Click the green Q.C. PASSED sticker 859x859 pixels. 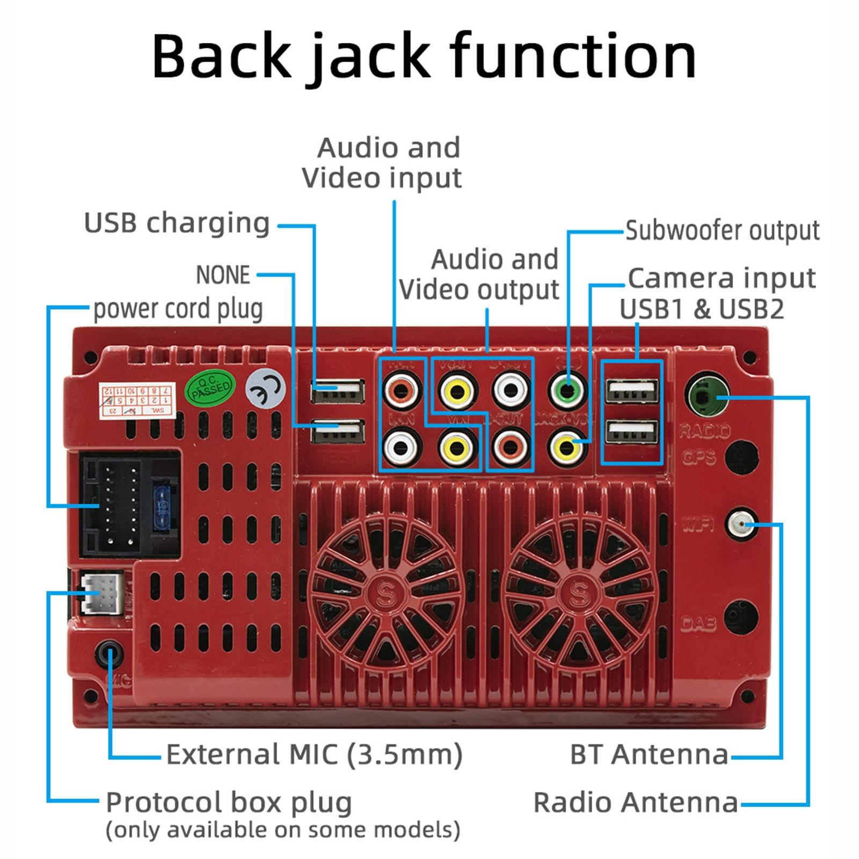(x=210, y=387)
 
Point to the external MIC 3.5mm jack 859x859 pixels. (x=110, y=654)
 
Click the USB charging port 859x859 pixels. (x=337, y=390)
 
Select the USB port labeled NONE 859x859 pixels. (x=337, y=431)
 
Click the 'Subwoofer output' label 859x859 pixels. (x=722, y=231)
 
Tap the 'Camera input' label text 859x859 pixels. (x=722, y=278)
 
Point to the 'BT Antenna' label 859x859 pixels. (x=649, y=754)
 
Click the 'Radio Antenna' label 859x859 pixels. (x=636, y=803)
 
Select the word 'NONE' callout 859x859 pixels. (x=223, y=275)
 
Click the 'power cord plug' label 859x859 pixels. (x=178, y=309)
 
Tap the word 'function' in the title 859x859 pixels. (x=572, y=56)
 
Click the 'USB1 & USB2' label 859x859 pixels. (x=702, y=309)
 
